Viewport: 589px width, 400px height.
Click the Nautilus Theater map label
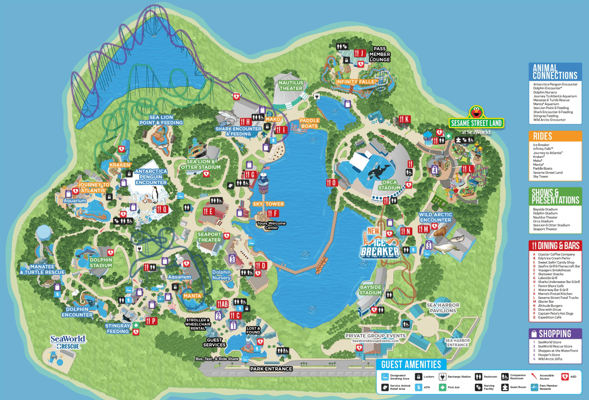[291, 86]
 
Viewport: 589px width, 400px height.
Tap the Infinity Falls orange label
[355, 82]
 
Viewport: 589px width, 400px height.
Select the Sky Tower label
[268, 204]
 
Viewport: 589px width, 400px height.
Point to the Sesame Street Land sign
[476, 123]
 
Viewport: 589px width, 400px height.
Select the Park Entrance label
[271, 369]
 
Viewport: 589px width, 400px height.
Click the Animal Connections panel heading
[555, 72]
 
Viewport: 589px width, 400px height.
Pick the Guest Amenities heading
[411, 364]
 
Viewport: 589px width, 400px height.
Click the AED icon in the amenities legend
[565, 377]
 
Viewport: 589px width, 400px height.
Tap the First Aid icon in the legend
[443, 387]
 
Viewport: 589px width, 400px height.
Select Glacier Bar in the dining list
[546, 302]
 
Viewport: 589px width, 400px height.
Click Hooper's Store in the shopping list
[549, 355]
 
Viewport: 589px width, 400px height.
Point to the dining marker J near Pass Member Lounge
[360, 53]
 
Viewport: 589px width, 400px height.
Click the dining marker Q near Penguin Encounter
[162, 209]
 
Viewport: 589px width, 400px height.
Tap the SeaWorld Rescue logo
[68, 342]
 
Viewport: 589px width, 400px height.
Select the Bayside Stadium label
[370, 290]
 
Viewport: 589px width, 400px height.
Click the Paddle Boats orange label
[309, 123]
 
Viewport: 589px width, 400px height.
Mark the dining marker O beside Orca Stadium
[332, 183]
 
